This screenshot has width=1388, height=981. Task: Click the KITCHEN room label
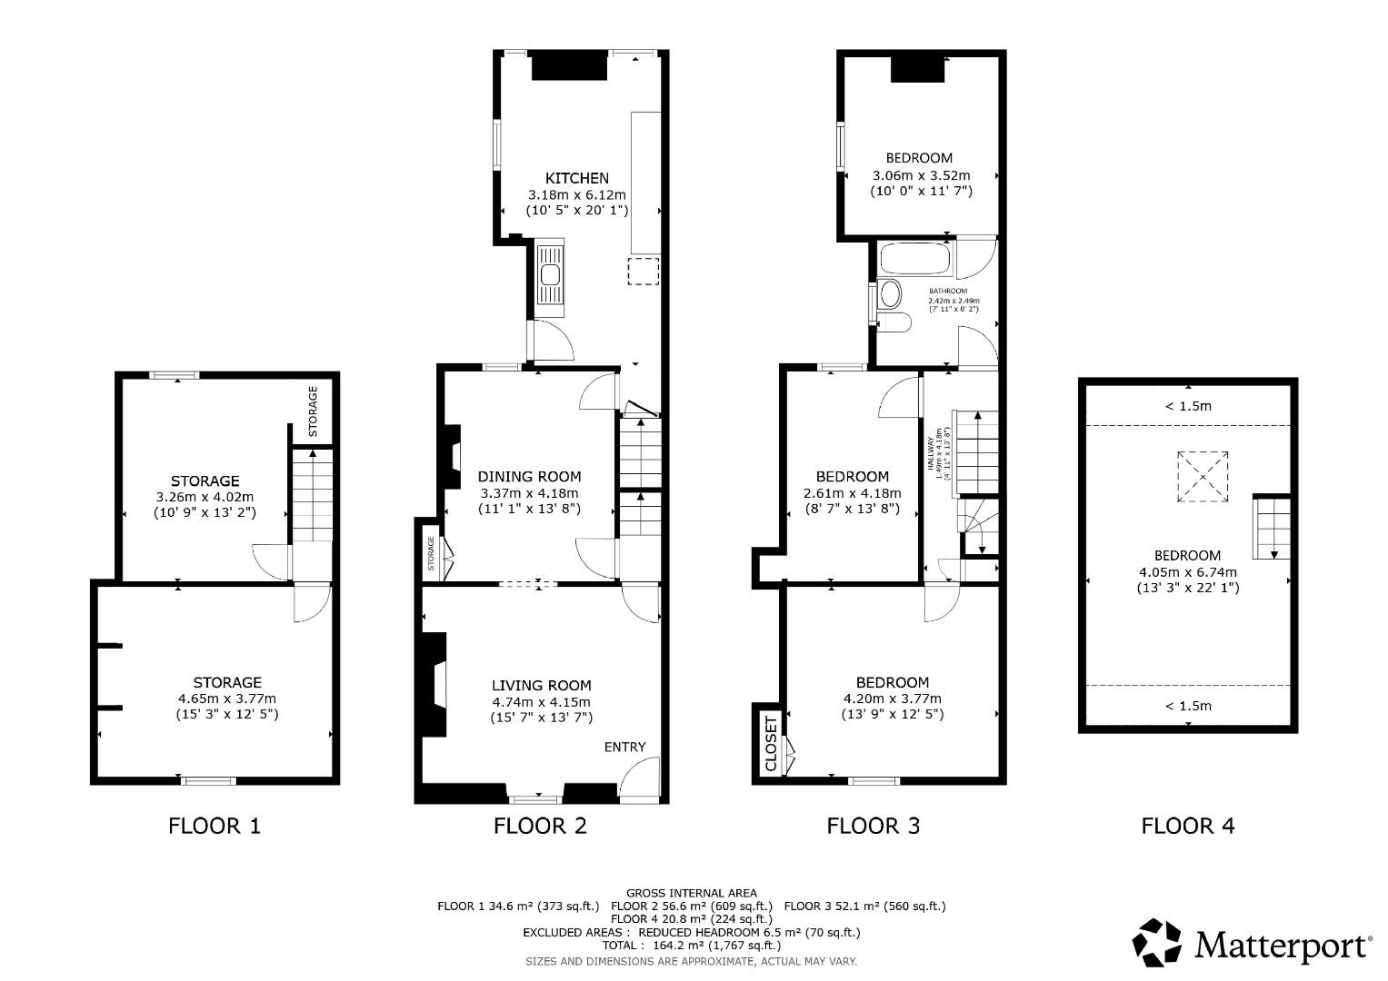[576, 178]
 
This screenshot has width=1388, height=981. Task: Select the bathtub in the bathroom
[914, 260]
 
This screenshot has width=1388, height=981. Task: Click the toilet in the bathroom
[894, 322]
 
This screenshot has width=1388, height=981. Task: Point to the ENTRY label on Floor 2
[624, 747]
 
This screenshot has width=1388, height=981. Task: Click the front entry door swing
[639, 779]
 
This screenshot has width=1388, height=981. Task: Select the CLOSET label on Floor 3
[772, 745]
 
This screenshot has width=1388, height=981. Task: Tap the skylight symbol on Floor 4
[1203, 476]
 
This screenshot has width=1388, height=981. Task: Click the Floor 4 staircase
[1272, 528]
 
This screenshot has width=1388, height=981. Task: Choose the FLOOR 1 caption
[215, 826]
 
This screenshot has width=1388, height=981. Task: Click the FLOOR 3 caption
[873, 826]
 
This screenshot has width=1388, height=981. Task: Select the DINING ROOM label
[529, 476]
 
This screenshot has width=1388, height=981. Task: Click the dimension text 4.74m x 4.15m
[541, 702]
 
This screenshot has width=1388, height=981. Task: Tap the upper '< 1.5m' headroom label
[1188, 406]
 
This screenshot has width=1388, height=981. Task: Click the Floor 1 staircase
[312, 495]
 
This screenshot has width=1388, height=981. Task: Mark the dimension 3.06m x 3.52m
[921, 175]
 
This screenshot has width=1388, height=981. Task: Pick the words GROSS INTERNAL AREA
[691, 893]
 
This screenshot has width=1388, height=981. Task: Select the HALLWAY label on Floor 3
[931, 453]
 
